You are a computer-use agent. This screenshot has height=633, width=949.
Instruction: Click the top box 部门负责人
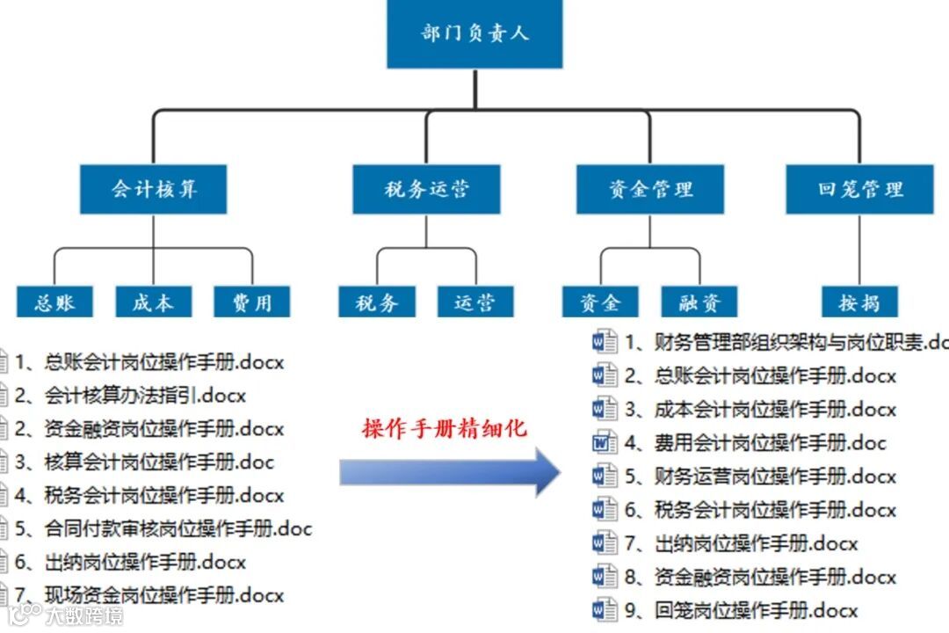(x=474, y=34)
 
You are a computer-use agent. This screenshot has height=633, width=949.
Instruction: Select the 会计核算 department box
(x=154, y=189)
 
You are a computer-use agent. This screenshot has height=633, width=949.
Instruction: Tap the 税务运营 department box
(x=426, y=189)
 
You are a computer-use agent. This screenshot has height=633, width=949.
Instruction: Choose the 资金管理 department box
(x=650, y=189)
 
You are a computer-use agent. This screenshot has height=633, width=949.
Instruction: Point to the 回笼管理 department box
(x=859, y=189)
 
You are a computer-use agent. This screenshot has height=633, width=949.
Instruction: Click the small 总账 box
(x=54, y=302)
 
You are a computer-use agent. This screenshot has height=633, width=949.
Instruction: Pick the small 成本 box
(x=154, y=302)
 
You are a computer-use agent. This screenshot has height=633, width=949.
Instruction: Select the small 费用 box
(x=253, y=302)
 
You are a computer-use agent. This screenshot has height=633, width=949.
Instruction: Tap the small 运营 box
(x=475, y=302)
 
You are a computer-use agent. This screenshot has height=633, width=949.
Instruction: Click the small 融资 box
(x=700, y=302)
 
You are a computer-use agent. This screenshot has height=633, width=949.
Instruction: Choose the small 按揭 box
(x=859, y=302)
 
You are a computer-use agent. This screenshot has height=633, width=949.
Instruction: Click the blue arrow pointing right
(x=449, y=475)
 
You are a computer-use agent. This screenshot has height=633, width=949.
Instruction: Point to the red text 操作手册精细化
(x=444, y=429)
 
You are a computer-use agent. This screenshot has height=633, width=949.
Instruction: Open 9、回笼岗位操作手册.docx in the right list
(x=756, y=610)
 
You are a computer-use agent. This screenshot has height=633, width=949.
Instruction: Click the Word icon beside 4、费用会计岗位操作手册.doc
(x=605, y=443)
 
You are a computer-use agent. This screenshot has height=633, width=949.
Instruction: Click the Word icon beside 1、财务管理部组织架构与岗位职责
(x=605, y=343)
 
